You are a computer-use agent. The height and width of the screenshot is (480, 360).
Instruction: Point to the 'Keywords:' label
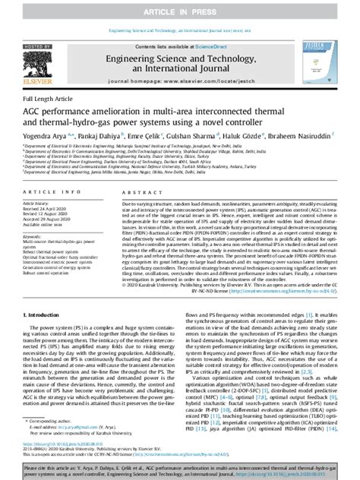coord(36,235)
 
